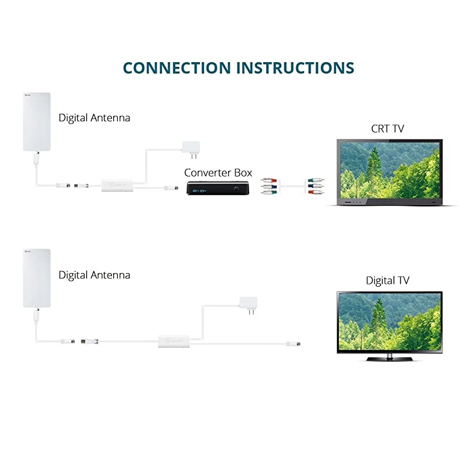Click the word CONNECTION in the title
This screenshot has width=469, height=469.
tap(177, 67)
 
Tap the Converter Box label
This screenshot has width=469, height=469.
tap(218, 172)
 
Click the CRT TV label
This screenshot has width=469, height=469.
tap(388, 128)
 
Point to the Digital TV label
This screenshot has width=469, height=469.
tap(388, 280)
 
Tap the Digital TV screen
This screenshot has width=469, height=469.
tap(389, 321)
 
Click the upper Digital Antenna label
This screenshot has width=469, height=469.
tap(94, 118)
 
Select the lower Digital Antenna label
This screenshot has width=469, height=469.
tap(94, 274)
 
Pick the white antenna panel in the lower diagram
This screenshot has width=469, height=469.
tap(36, 278)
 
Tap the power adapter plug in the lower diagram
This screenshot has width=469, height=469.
tap(249, 305)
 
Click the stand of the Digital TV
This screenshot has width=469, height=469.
tap(389, 356)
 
